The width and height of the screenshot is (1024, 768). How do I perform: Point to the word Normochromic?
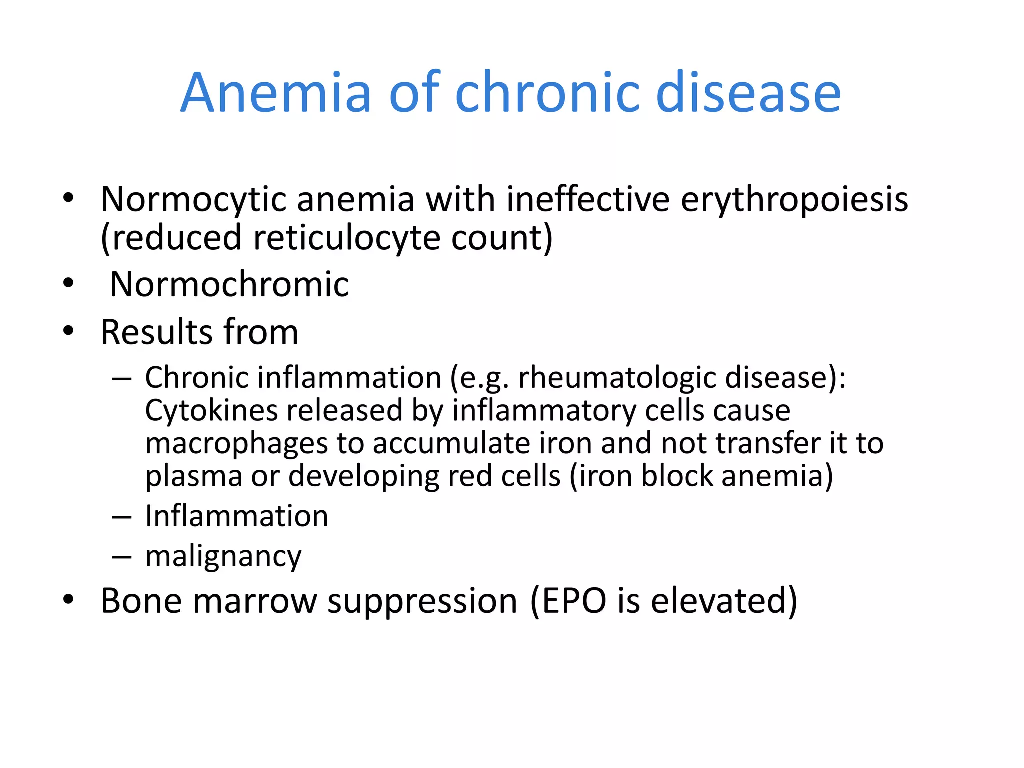[x=229, y=284]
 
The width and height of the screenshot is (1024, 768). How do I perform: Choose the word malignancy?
[x=223, y=556]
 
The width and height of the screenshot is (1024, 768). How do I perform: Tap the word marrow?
[x=255, y=600]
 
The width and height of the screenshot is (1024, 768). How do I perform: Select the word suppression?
[x=422, y=601]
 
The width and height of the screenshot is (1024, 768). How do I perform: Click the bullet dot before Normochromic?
[x=68, y=283]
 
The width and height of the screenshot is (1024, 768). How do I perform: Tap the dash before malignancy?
[x=122, y=556]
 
